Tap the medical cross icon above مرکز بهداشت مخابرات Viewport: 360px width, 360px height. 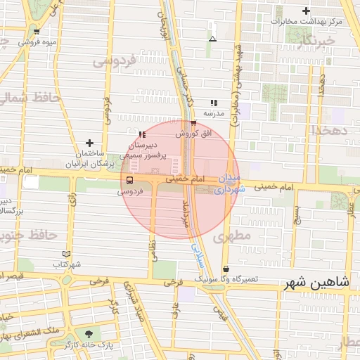(x=306, y=11)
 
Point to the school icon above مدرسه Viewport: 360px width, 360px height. (x=214, y=103)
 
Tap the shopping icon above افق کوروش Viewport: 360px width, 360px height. (x=193, y=124)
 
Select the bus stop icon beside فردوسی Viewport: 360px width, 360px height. (x=128, y=180)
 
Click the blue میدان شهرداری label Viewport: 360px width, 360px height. (x=231, y=184)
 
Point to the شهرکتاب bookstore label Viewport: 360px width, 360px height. (x=67, y=264)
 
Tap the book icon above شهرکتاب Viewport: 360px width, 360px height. (x=67, y=253)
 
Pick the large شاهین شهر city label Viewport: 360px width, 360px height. (x=316, y=284)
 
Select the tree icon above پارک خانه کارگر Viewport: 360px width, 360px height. (x=89, y=334)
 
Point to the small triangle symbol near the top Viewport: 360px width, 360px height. (x=212, y=39)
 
